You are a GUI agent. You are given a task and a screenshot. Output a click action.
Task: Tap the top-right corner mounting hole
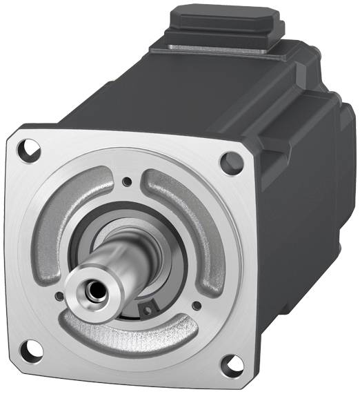coord(228,162)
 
